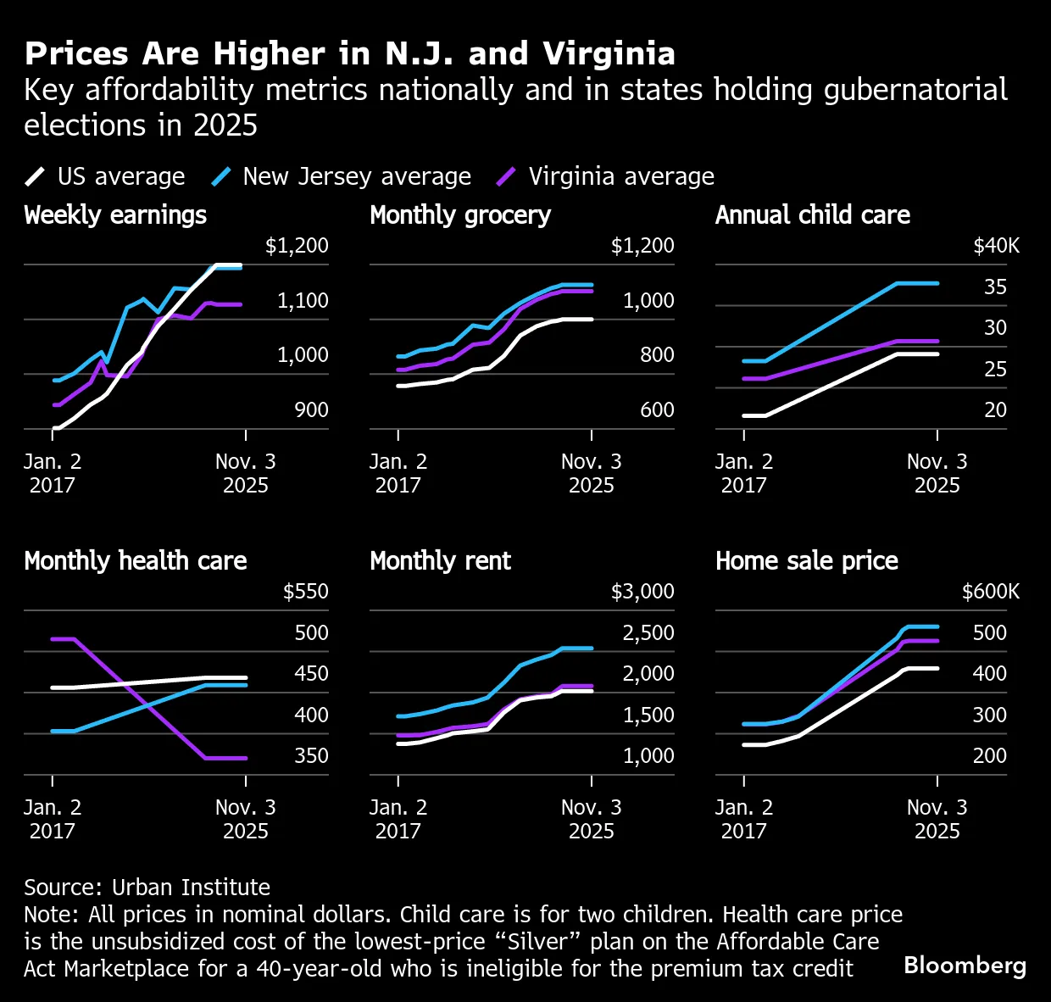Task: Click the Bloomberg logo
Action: [965, 966]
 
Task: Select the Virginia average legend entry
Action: [605, 176]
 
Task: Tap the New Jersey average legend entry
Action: [341, 176]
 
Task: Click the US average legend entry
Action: [105, 176]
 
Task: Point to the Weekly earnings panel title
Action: [115, 215]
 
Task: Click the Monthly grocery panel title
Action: [459, 215]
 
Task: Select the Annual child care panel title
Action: [813, 215]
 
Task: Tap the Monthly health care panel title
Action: [136, 561]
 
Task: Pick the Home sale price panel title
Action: [807, 561]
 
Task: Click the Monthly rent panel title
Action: [440, 561]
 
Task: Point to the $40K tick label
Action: [996, 246]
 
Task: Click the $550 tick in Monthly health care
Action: [306, 592]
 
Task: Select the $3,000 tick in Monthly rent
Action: [642, 592]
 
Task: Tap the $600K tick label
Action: [991, 592]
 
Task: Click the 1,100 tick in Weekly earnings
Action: [303, 300]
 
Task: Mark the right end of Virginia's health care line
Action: [246, 758]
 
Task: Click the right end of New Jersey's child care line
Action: [937, 283]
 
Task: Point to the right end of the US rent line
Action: [592, 691]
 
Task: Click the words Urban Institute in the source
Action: [191, 888]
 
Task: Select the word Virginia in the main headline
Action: [609, 55]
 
